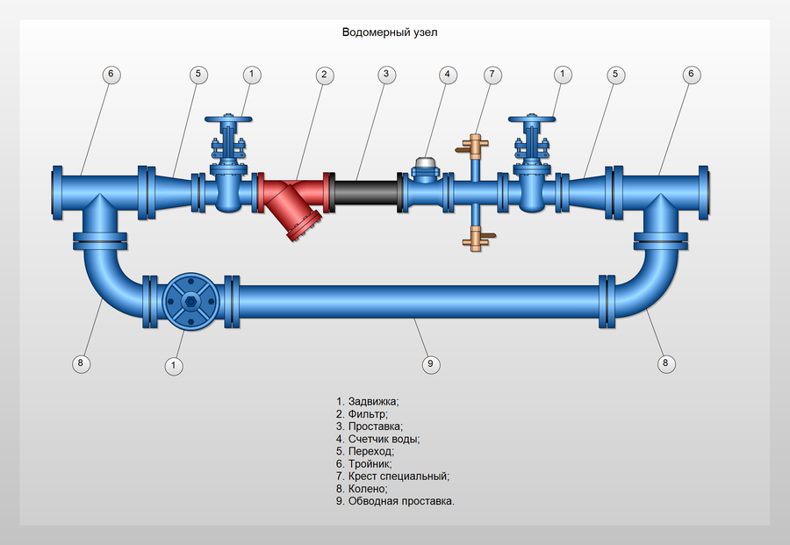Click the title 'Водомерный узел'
pos(390,32)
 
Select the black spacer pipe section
pos(366,193)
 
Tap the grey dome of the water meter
pos(425,162)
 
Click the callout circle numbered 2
pos(325,75)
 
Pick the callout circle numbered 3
pos(386,74)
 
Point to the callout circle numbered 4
pos(448,75)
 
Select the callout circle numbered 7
pos(492,75)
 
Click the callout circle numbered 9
pos(430,363)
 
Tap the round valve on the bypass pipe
pos(191,302)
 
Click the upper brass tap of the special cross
pos(474,147)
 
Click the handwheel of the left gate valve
pos(228,119)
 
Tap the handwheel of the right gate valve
pos(532,119)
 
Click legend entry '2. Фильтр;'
pos(362,414)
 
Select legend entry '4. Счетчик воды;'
pos(377,439)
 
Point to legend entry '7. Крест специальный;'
pos(392,476)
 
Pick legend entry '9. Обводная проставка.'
pos(395,501)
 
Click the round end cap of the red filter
pos(304,226)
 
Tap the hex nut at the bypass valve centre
pos(191,302)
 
